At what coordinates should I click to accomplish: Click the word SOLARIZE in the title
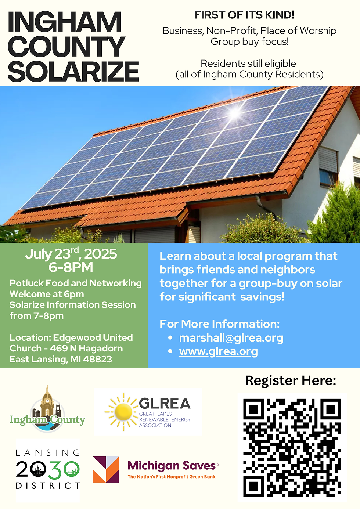click(x=73, y=71)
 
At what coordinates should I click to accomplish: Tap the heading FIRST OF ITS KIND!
click(x=244, y=15)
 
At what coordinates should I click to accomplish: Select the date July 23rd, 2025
click(x=71, y=254)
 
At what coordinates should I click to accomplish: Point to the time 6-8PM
click(x=71, y=267)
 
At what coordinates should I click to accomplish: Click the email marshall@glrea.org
click(x=231, y=338)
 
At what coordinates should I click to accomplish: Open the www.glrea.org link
click(x=218, y=351)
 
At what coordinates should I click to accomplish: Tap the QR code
click(x=292, y=447)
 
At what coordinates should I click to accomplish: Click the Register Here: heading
click(x=291, y=380)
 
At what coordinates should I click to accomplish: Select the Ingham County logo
click(x=47, y=409)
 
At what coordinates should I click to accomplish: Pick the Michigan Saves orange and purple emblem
click(x=106, y=469)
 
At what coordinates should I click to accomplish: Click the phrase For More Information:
click(x=219, y=324)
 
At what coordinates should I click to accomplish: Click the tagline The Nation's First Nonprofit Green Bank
click(x=172, y=477)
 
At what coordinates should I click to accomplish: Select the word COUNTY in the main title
click(x=66, y=46)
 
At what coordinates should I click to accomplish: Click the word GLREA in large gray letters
click(x=165, y=404)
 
